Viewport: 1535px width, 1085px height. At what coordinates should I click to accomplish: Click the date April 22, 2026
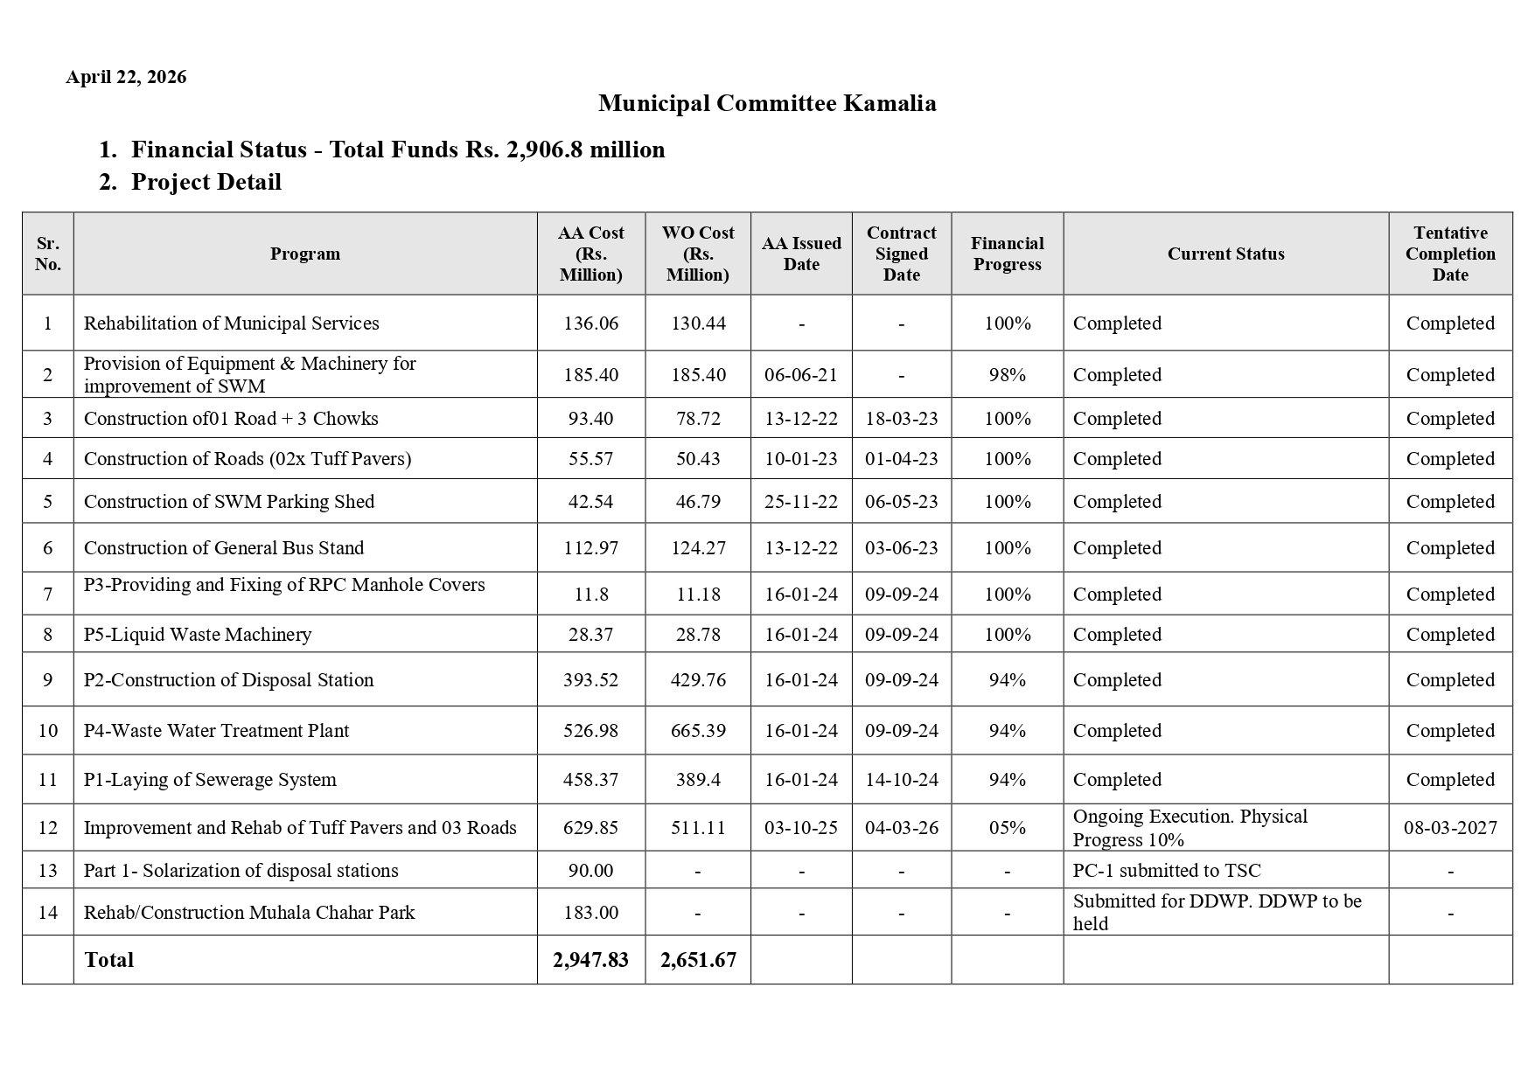coord(126,77)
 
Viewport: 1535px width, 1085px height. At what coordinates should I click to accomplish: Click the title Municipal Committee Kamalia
coord(766,103)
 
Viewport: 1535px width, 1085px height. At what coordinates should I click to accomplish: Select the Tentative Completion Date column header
coord(1449,254)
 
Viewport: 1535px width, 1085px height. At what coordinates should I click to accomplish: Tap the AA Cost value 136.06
coord(590,323)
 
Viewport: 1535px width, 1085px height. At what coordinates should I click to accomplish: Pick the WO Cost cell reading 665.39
coord(697,731)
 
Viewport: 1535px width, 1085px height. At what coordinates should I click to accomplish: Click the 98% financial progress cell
coord(1007,375)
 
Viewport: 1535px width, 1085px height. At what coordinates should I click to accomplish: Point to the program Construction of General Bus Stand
coord(224,548)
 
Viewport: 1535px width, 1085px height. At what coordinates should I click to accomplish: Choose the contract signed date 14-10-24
coord(901,780)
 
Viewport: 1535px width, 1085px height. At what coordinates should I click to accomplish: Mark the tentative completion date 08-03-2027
coord(1449,828)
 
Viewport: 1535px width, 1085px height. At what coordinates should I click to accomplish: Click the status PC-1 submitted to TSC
coord(1166,871)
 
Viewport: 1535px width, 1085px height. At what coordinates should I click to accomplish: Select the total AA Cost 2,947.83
coord(590,960)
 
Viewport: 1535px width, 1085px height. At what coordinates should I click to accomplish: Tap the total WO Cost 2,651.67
coord(697,960)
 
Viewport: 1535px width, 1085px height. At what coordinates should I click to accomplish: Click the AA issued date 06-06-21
coord(800,375)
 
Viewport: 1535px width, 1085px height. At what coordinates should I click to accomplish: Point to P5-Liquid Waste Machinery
coord(198,635)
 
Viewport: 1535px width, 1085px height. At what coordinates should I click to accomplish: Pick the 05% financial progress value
coord(1007,828)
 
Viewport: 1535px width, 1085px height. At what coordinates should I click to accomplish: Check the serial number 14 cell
coord(48,913)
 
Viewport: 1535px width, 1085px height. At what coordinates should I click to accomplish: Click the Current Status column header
coord(1225,254)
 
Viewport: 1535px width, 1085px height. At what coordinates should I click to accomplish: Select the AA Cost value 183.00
coord(590,913)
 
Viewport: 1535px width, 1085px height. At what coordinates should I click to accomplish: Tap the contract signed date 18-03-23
coord(901,419)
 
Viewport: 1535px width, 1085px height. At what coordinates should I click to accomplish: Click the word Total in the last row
coord(109,960)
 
